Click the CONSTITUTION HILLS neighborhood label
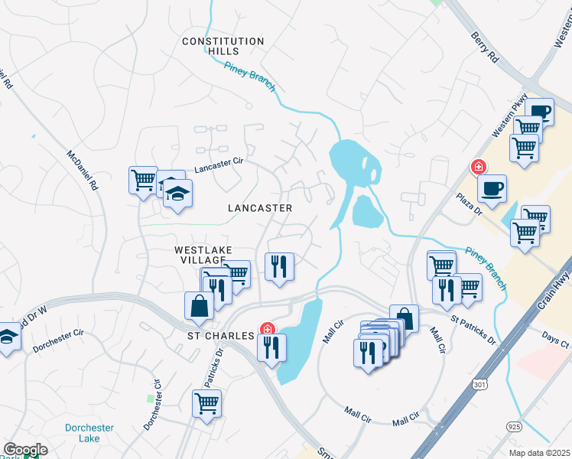223,46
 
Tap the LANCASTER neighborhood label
260,208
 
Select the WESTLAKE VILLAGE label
203,255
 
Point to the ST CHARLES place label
222,336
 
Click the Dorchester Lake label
89,433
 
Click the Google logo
24,450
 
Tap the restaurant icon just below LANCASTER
278,266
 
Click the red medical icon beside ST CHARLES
267,330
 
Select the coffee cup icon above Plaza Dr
492,187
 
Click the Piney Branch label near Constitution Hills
251,76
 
